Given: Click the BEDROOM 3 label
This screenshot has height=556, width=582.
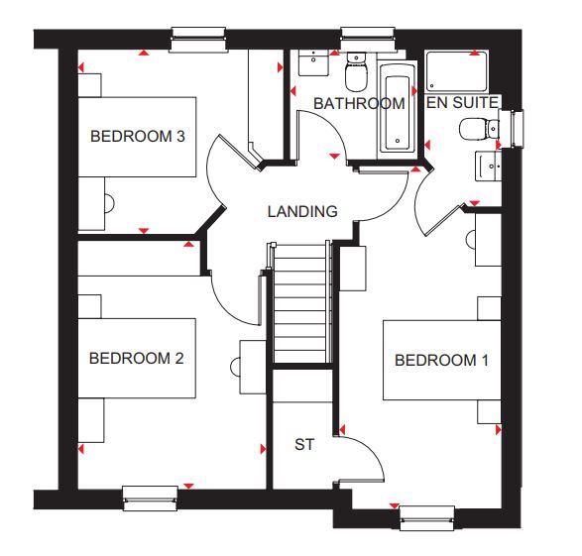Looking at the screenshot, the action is (138, 137).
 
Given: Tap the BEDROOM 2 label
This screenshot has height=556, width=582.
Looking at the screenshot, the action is (137, 359).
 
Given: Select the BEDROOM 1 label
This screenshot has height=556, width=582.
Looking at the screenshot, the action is (441, 360).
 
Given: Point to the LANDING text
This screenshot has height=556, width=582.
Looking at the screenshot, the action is (302, 211).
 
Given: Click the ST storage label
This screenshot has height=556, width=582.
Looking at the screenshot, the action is (304, 444).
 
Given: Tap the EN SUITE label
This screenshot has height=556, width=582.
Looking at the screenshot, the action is (462, 103).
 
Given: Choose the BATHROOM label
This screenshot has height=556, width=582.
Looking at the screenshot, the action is (359, 103).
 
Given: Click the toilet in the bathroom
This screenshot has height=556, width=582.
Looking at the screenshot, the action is (356, 72).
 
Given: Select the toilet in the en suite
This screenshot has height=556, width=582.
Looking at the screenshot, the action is (479, 129).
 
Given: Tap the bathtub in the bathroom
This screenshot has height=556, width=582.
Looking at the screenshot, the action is (398, 110).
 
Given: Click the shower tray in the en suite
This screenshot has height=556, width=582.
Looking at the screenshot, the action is (456, 70).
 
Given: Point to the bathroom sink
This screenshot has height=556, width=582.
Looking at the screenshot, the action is (313, 62).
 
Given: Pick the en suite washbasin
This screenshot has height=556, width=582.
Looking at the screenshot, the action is (488, 166).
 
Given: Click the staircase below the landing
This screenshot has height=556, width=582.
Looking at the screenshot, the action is (301, 302).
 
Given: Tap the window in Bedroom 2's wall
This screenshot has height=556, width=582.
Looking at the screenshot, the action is (150, 499).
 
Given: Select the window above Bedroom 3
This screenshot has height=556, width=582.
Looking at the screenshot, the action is (198, 40).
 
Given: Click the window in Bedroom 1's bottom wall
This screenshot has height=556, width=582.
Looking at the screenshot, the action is (427, 518).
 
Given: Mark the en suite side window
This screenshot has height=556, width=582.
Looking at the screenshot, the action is (512, 129).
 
